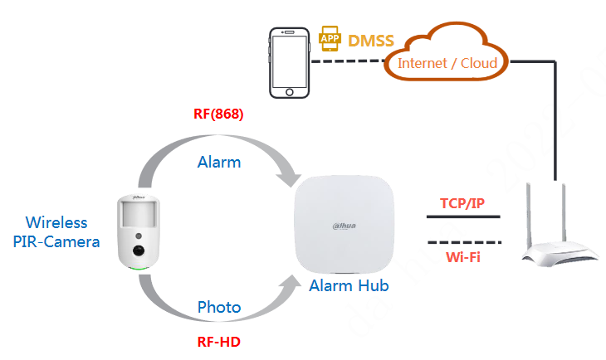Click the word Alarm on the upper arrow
coord(219,162)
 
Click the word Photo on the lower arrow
coord(219,307)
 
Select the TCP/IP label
coord(462,203)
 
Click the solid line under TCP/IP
coord(463,218)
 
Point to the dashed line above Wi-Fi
coord(463,242)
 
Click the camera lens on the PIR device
coord(139,250)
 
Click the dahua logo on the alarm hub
coord(349,225)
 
